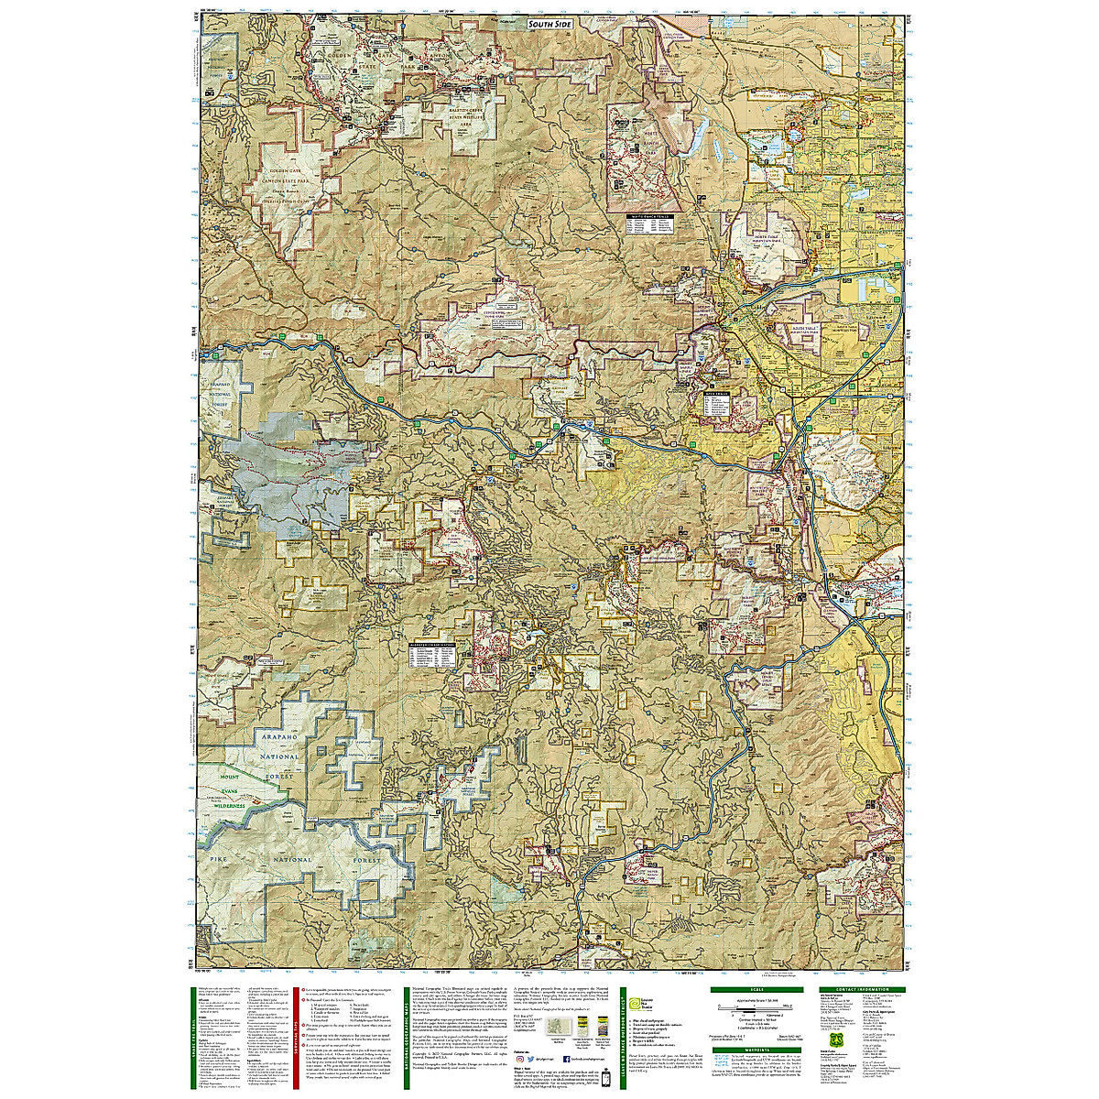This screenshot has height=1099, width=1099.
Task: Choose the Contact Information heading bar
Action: [855, 988]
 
